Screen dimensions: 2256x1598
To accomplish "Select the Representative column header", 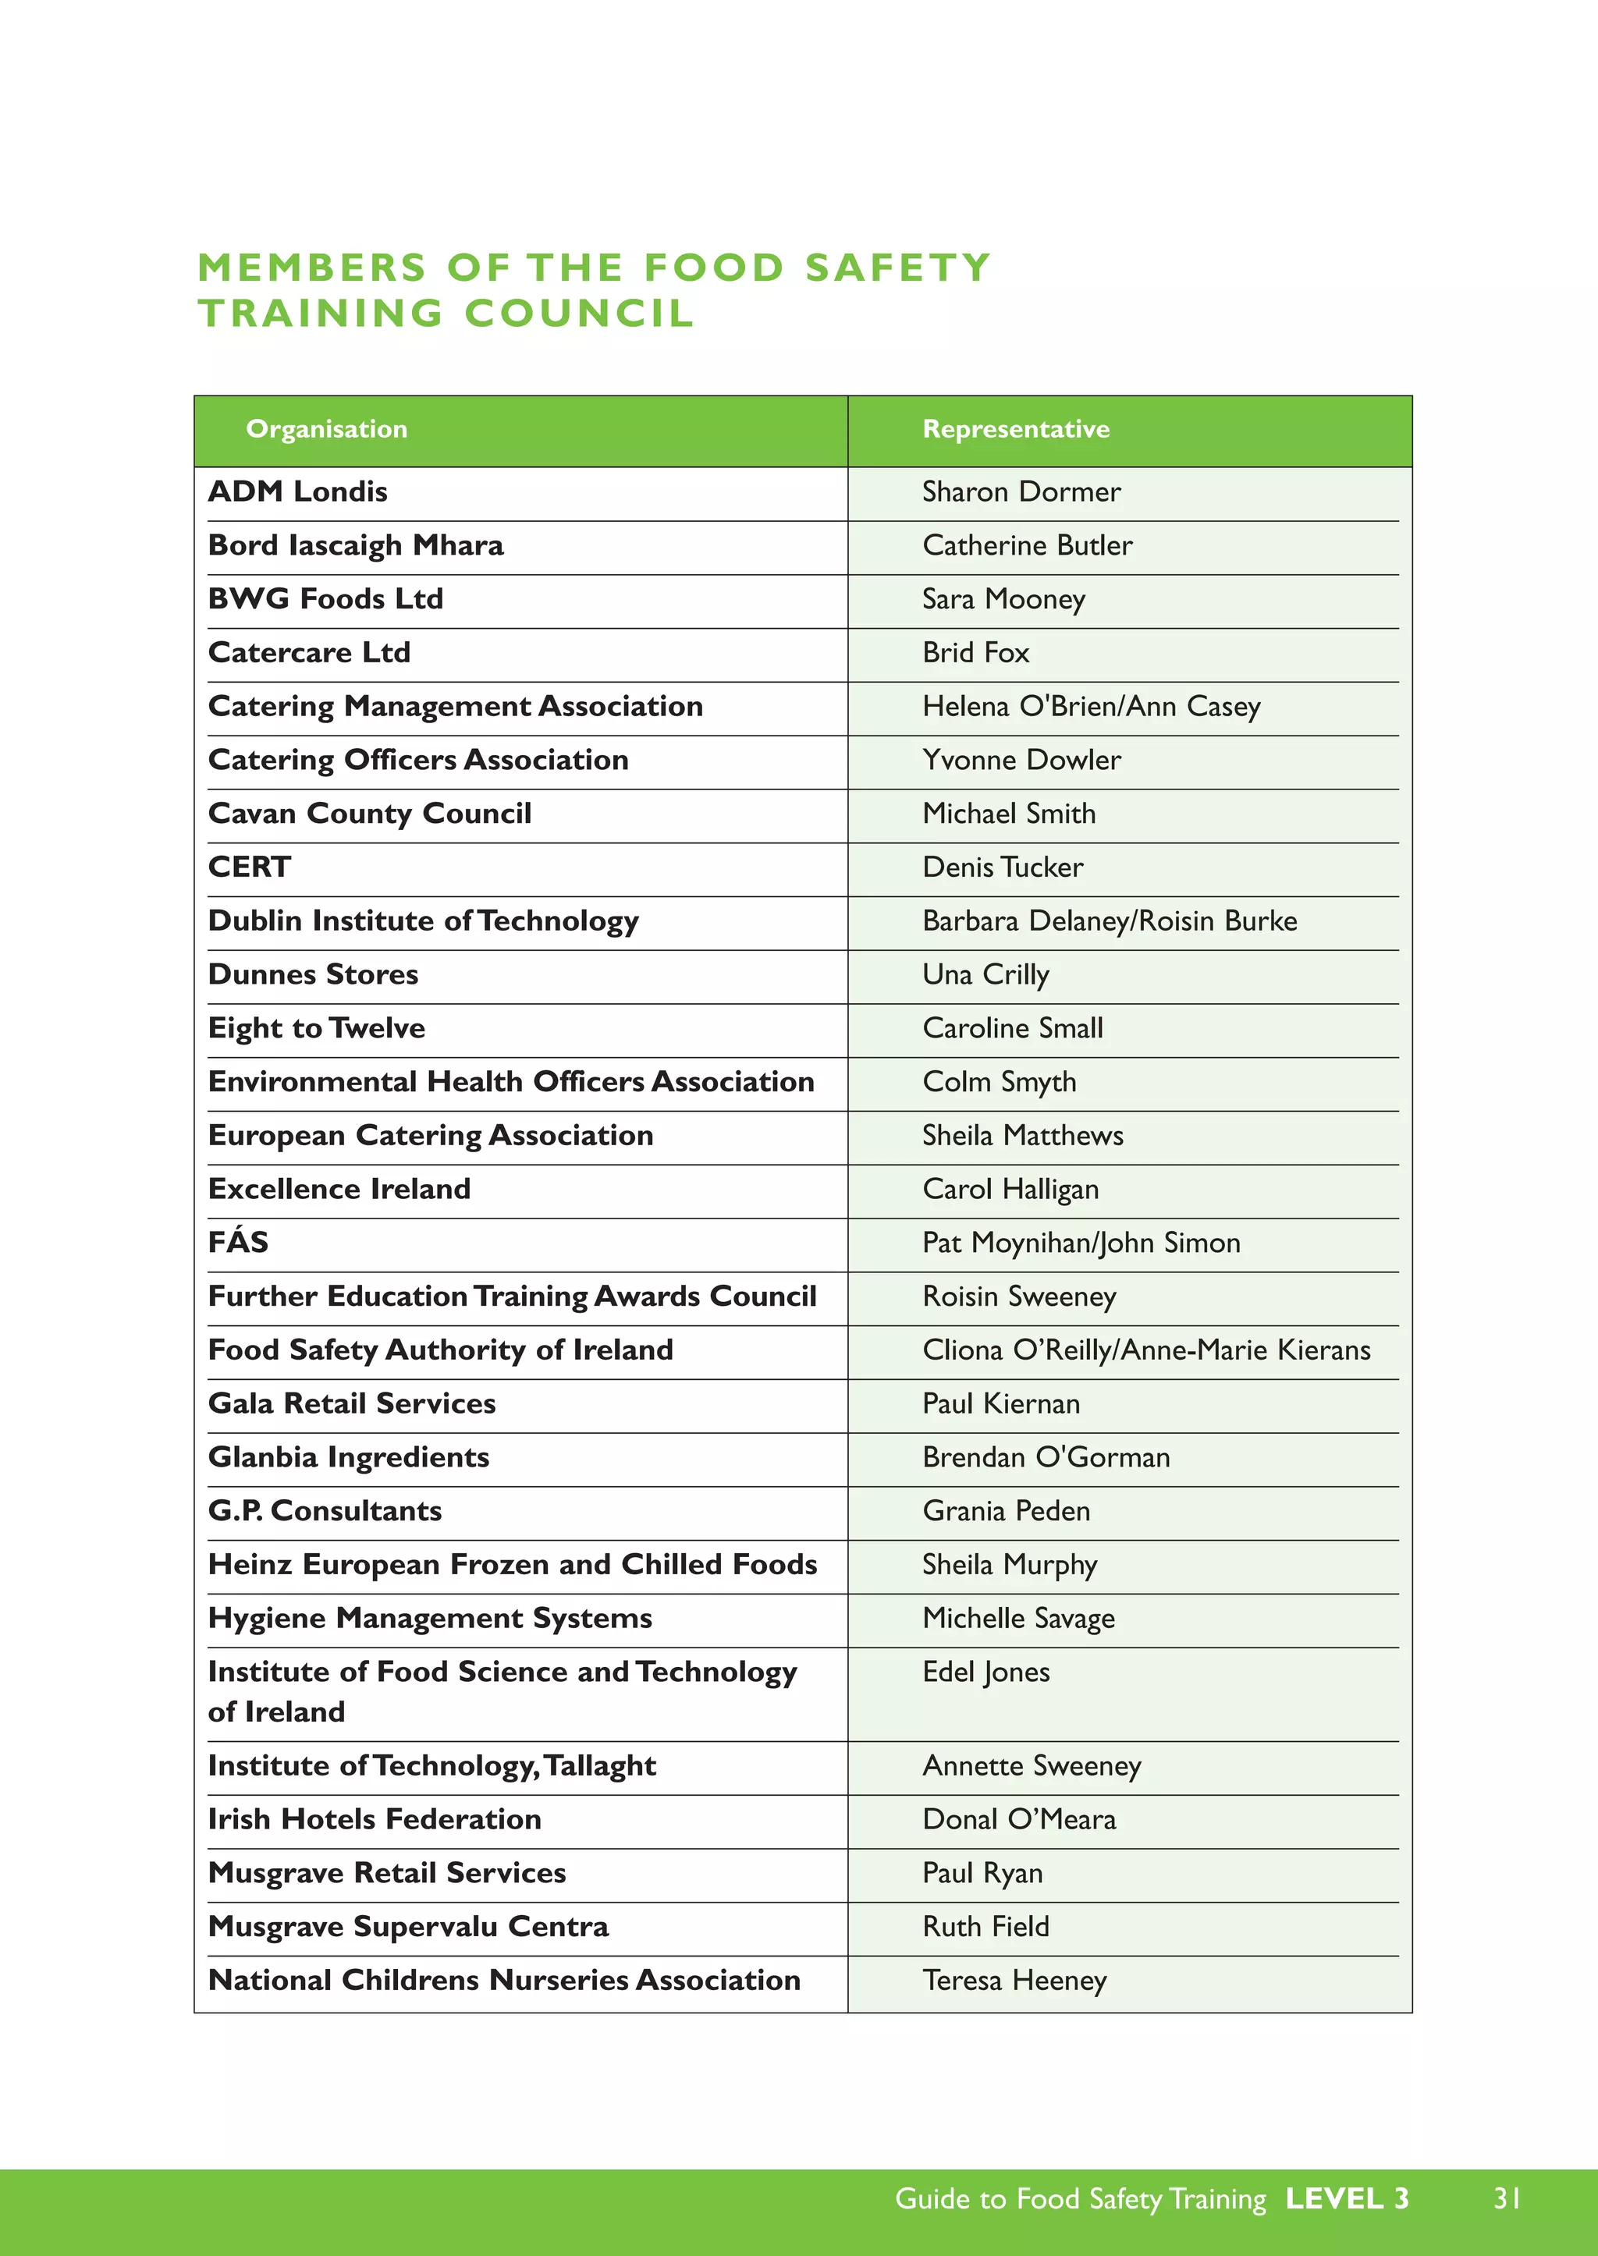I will point(1014,429).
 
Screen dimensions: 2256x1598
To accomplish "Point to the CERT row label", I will point(249,867).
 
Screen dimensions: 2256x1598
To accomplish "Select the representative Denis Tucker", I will point(1002,867).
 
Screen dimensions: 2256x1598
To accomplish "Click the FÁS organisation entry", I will point(238,1242).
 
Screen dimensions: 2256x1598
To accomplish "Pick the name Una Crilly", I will point(985,974).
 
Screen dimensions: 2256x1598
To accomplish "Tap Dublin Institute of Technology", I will point(423,921).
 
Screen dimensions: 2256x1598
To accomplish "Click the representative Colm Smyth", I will point(998,1081).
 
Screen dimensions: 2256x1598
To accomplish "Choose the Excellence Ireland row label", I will point(339,1189).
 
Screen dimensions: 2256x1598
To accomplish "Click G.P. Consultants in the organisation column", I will point(325,1510).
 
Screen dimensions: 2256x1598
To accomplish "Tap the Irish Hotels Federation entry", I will point(374,1818).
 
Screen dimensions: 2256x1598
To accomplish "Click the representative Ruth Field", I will point(985,1925).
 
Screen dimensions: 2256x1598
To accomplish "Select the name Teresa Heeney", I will point(1014,1980).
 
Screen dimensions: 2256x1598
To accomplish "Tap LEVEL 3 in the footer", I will point(1346,2198).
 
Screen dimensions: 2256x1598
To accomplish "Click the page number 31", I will point(1507,2198).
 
